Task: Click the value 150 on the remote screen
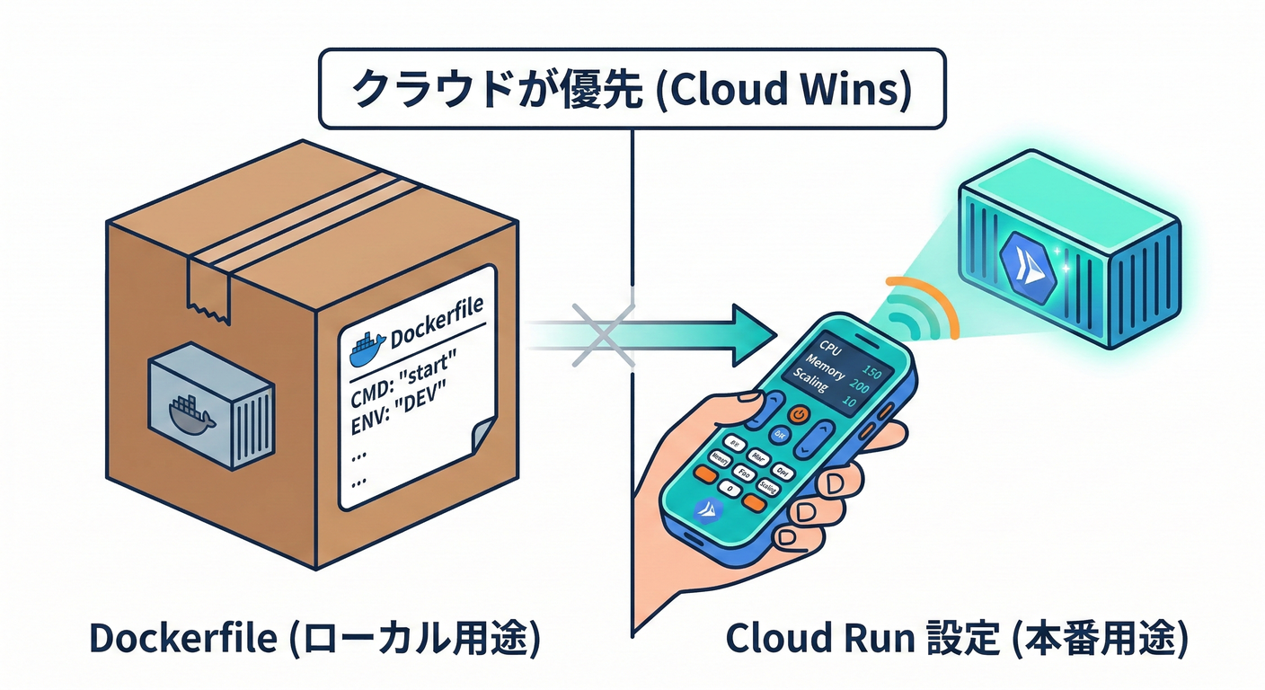click(x=871, y=371)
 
